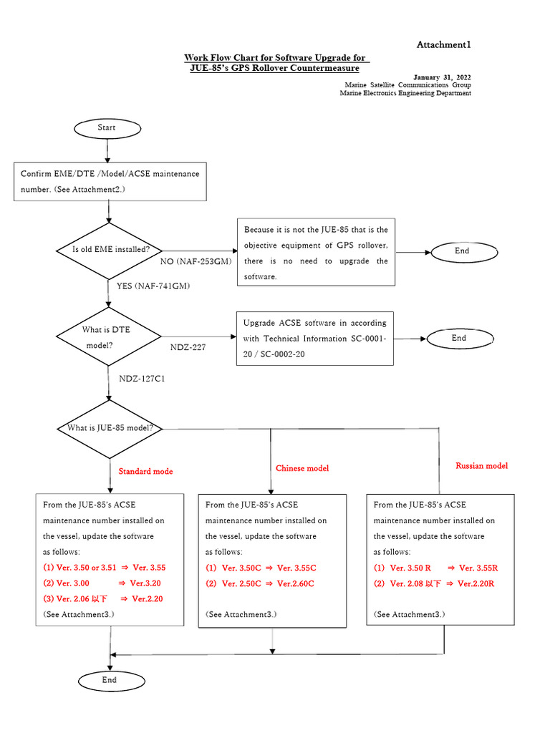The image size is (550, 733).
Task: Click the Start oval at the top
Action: [107, 128]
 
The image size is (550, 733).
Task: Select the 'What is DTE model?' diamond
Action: [108, 336]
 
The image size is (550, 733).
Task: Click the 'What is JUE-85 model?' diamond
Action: [110, 429]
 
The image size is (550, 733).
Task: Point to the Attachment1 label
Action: [443, 45]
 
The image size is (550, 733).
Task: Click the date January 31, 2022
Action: [442, 77]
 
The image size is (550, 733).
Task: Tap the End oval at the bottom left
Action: [109, 680]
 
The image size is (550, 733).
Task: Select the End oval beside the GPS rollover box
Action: [461, 251]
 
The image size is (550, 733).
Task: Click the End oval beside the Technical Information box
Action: [459, 339]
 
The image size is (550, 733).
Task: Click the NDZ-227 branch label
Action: [188, 347]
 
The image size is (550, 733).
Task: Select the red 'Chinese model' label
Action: [302, 468]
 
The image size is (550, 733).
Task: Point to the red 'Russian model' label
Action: [481, 466]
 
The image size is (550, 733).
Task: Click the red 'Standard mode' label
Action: [145, 472]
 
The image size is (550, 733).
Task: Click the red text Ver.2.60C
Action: [296, 583]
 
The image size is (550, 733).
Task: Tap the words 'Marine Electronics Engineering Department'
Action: [405, 93]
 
